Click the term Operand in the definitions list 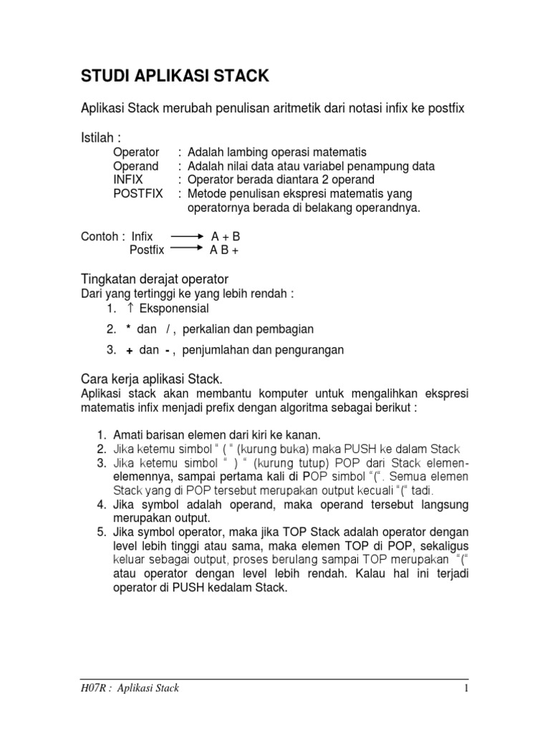[x=135, y=166]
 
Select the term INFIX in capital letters [x=128, y=180]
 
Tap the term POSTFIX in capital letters [x=138, y=194]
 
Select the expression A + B [x=226, y=236]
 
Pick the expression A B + [x=223, y=250]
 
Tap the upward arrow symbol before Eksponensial [x=130, y=309]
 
